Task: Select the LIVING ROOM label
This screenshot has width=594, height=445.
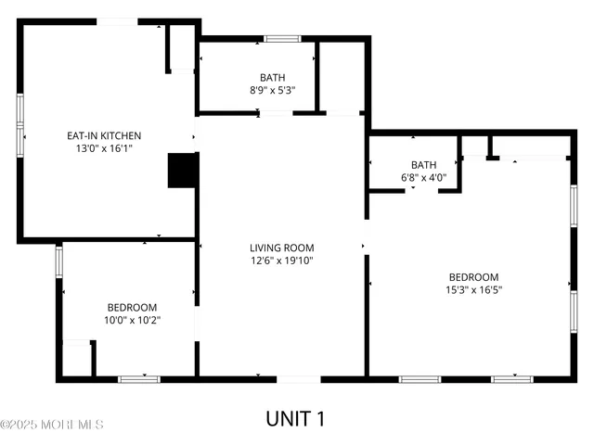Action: coord(281,248)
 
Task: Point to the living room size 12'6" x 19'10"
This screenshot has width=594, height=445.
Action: coord(281,261)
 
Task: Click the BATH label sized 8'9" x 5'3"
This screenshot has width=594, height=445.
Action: coord(272,78)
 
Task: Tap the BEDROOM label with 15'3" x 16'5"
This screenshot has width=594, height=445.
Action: coord(473,276)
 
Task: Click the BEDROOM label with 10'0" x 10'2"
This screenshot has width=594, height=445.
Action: coord(132,307)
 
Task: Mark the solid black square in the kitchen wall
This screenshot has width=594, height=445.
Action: coord(180,171)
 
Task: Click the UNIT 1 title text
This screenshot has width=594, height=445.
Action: coord(296,418)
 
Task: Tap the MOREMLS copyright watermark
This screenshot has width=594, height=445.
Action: coord(52,425)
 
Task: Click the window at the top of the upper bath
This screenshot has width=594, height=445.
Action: coord(282,38)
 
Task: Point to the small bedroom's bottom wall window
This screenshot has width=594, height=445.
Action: coord(138,378)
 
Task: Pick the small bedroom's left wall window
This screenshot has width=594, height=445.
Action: coord(58,261)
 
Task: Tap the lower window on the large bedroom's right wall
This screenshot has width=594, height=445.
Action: coord(574,312)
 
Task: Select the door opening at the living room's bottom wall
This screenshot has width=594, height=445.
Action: coord(300,378)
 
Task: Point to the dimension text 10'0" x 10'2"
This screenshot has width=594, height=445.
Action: coord(132,320)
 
